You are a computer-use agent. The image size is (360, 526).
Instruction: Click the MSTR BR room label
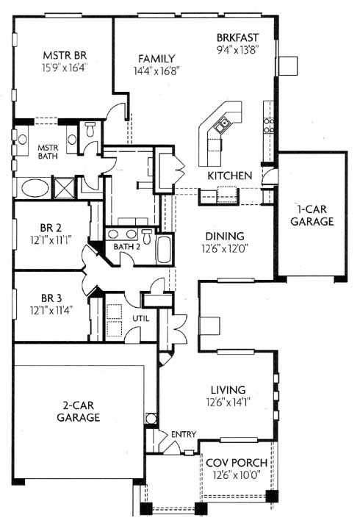coord(65,55)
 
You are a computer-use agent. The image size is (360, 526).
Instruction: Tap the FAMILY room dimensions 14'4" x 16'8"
coord(156,71)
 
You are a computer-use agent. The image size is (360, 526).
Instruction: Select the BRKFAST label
coord(237,37)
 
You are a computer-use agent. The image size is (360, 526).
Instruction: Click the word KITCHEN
coord(230,176)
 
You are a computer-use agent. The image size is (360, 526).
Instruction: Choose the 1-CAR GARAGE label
coord(312,215)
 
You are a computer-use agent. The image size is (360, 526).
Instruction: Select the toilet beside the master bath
coord(90,129)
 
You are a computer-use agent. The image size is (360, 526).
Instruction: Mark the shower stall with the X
coord(65,188)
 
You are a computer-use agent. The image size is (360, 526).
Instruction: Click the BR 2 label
coord(51,228)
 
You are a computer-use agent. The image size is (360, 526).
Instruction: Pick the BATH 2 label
coord(126,247)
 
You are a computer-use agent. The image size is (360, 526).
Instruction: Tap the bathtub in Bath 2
coord(164,249)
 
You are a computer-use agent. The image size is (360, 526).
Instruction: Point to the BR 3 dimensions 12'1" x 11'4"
coord(51,310)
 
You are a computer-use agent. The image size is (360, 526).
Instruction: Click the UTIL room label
coord(140,318)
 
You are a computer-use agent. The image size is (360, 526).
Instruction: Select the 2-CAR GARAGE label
coord(79,411)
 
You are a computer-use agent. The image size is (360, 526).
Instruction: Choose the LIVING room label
coord(228,390)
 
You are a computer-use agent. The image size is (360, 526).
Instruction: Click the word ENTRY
coord(184,434)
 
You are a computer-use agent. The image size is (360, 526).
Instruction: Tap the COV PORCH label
coord(237,463)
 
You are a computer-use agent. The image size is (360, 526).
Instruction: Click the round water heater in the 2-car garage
coord(151,418)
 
